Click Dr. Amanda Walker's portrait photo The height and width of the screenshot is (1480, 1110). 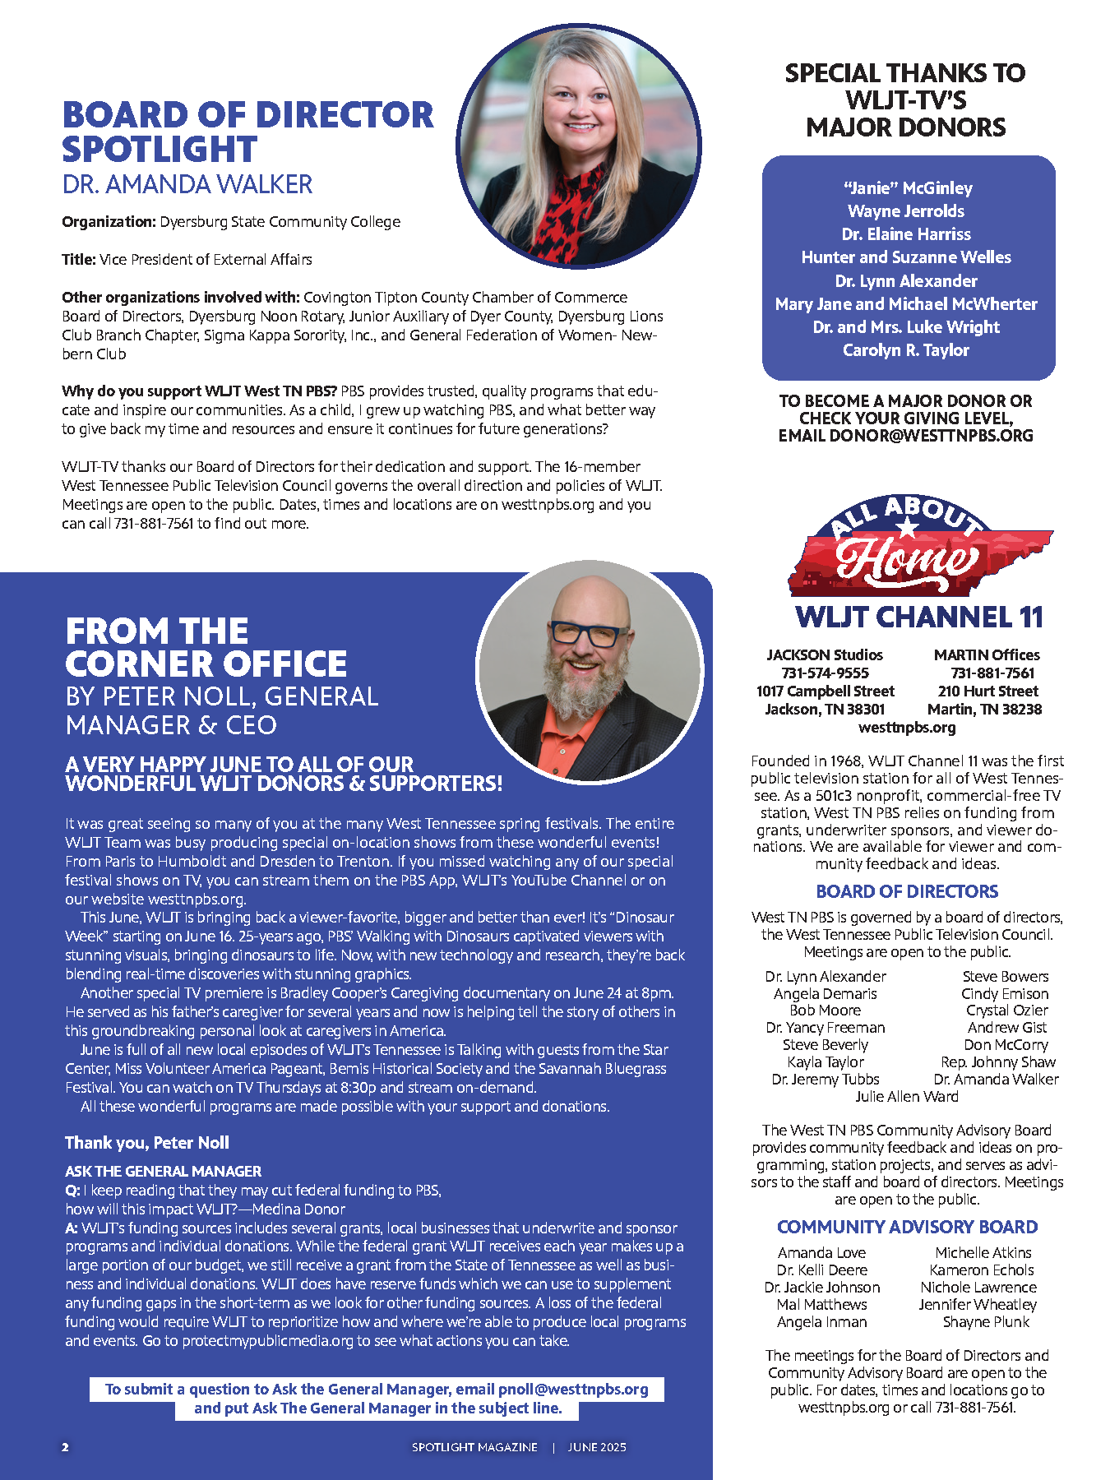[579, 146]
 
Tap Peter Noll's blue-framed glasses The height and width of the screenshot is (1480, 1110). [586, 634]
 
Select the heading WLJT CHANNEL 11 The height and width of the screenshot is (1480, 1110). [918, 617]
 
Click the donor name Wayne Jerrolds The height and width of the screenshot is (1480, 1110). [906, 211]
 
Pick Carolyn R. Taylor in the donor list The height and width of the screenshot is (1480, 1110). [906, 350]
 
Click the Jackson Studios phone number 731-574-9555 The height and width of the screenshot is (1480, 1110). [825, 673]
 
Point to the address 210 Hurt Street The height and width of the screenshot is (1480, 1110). [987, 691]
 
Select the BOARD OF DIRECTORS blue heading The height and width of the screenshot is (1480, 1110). [907, 891]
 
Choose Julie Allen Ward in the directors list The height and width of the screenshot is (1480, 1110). [907, 1096]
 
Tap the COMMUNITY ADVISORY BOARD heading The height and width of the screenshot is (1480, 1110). [907, 1227]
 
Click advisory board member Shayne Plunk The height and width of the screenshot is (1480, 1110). [986, 1321]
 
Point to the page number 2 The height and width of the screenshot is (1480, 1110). [66, 1447]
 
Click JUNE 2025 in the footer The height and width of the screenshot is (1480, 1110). [597, 1447]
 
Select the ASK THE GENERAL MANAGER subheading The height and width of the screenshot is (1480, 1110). [163, 1171]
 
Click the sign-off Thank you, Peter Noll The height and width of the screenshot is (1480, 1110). [147, 1143]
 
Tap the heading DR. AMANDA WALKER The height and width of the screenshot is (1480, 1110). [187, 184]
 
